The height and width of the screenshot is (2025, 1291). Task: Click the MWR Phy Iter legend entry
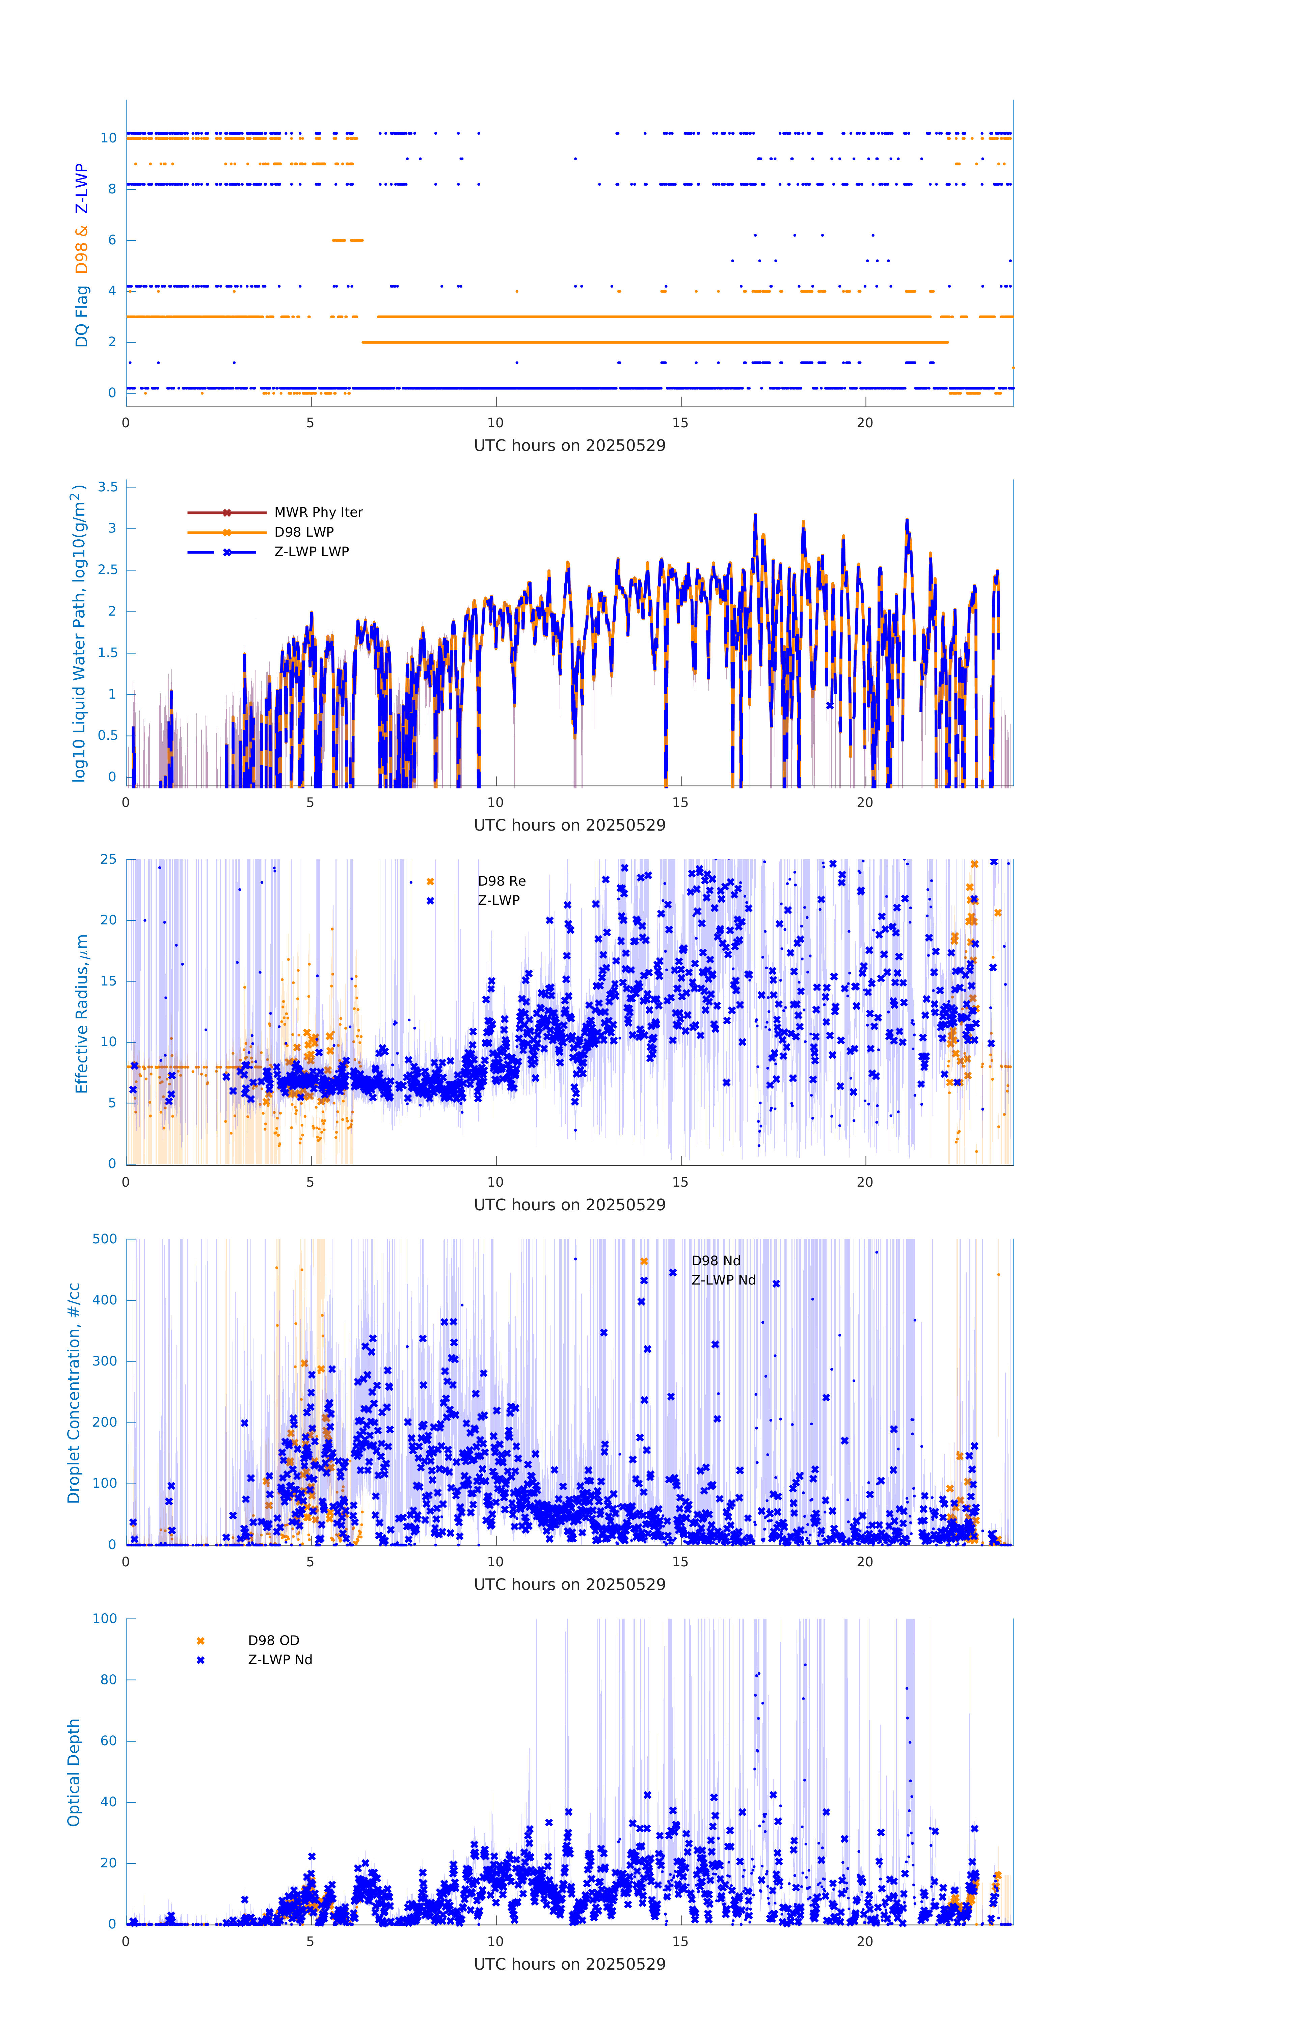[x=318, y=512]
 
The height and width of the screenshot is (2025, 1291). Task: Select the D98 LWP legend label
[x=304, y=532]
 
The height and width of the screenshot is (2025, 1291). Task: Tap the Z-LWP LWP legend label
[x=311, y=552]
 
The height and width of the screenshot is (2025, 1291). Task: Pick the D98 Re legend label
[x=501, y=881]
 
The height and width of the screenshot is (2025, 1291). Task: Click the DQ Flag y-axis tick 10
[x=108, y=138]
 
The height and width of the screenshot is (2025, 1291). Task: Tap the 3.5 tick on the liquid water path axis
[x=108, y=487]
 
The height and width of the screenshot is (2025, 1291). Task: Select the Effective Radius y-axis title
[x=82, y=1013]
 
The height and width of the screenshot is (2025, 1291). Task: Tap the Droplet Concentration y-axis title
[x=74, y=1393]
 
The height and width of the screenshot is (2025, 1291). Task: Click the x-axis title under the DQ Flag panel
[x=569, y=446]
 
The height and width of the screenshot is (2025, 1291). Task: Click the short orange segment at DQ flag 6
[x=347, y=241]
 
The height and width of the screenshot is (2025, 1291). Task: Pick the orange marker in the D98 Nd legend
[x=644, y=1262]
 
